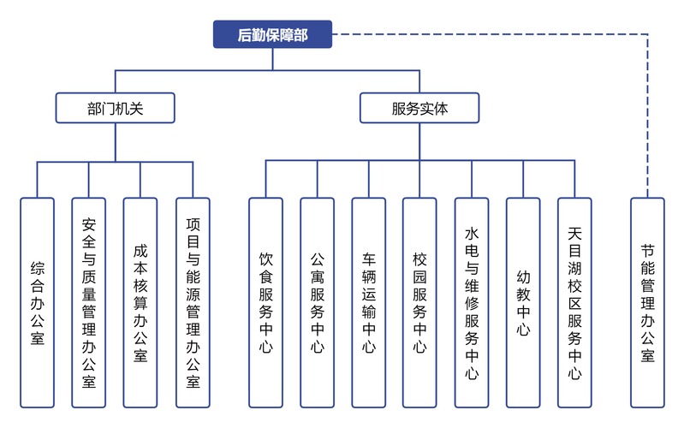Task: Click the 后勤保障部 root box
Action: pos(272,34)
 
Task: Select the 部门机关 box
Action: pos(116,108)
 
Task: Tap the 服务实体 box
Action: pos(419,108)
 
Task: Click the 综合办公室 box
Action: pos(37,303)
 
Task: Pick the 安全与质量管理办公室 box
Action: pos(88,303)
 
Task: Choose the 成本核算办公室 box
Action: pos(140,303)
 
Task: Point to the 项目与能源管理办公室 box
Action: pos(193,303)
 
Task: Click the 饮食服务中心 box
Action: pos(265,303)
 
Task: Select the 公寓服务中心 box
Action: pos(317,303)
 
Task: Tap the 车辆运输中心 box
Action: pos(369,303)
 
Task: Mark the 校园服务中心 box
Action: pos(419,303)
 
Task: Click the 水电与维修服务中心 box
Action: pos(472,303)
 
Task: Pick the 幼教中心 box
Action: pos(523,303)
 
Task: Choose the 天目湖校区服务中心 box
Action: pos(574,303)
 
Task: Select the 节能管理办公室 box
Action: pos(647,303)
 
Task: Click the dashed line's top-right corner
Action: pos(647,34)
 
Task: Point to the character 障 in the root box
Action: pos(287,35)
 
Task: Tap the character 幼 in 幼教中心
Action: pos(523,276)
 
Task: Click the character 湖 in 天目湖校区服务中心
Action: pos(574,268)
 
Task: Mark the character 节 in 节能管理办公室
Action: pos(647,251)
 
